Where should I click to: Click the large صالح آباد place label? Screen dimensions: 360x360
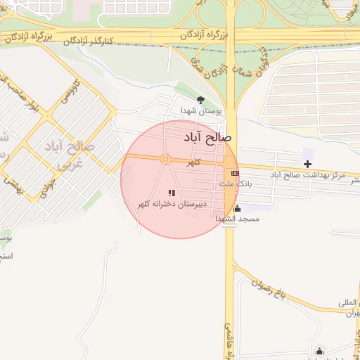pos(207,137)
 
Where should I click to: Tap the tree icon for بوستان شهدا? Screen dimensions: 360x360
pos(201,100)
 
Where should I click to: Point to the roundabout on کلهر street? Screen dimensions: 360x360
pos(165,160)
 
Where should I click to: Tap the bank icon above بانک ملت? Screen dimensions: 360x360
pos(234,173)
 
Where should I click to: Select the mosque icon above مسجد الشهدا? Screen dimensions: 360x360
pos(237,208)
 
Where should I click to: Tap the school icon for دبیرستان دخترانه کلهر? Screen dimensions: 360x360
pos(171,192)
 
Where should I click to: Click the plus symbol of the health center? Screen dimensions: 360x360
pos(307,164)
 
